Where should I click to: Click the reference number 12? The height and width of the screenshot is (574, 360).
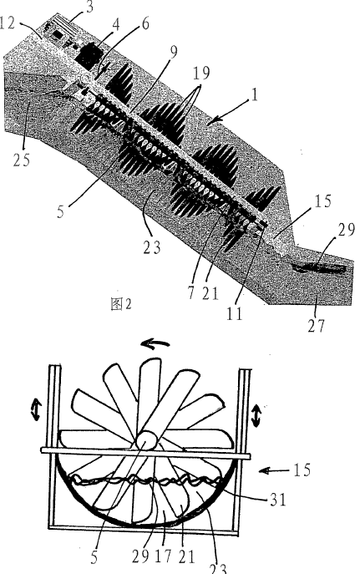pyautogui.click(x=8, y=23)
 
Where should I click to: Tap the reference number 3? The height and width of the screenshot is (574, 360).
pyautogui.click(x=89, y=8)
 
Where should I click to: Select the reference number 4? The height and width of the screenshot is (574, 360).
pyautogui.click(x=115, y=25)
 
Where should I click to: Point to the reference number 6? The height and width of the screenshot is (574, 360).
pyautogui.click(x=145, y=23)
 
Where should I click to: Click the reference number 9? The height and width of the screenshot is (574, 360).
pyautogui.click(x=174, y=52)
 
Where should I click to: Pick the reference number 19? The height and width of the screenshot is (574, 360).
pyautogui.click(x=201, y=73)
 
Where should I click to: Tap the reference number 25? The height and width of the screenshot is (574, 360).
pyautogui.click(x=21, y=160)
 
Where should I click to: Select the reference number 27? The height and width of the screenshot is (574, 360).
pyautogui.click(x=316, y=325)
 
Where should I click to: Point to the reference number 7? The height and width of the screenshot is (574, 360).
pyautogui.click(x=191, y=293)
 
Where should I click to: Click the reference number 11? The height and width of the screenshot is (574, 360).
pyautogui.click(x=234, y=313)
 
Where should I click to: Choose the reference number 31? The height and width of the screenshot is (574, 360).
pyautogui.click(x=277, y=499)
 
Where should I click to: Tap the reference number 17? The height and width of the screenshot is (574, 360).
pyautogui.click(x=163, y=556)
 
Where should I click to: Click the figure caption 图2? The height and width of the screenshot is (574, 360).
pyautogui.click(x=121, y=304)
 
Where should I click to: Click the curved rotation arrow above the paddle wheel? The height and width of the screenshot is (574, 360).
pyautogui.click(x=155, y=343)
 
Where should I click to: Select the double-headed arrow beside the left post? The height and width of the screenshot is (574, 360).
pyautogui.click(x=37, y=410)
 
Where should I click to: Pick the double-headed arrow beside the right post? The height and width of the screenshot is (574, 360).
pyautogui.click(x=256, y=416)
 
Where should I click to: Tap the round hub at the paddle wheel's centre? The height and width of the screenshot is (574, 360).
pyautogui.click(x=146, y=440)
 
